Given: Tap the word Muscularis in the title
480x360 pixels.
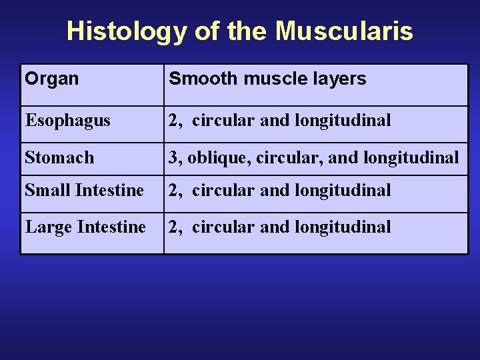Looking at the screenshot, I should point(344,31).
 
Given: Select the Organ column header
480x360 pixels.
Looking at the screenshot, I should point(52,79).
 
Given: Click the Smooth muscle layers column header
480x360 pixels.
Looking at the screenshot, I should point(267,79).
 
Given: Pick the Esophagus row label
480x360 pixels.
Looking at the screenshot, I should point(67,121).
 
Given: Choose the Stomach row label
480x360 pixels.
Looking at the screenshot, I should point(59,158).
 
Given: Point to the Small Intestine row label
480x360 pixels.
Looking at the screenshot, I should point(84,190).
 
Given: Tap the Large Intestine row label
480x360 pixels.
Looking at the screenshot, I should point(85,227).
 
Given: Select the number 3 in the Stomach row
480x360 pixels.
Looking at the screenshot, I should point(173,158).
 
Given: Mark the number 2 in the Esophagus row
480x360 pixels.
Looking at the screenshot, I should point(173,121).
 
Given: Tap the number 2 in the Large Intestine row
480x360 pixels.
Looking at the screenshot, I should point(173,227).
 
